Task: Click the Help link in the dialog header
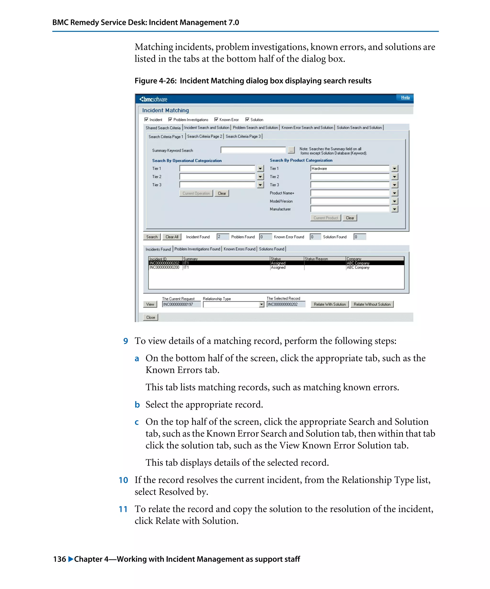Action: (x=405, y=98)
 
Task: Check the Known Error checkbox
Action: (x=216, y=120)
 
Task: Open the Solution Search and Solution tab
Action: (x=359, y=128)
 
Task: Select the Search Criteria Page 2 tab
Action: (x=204, y=137)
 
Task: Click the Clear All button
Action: (x=172, y=237)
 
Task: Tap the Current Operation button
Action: (x=196, y=194)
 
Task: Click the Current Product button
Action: (x=325, y=218)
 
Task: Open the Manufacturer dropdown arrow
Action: (x=394, y=209)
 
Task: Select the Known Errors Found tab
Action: (x=239, y=249)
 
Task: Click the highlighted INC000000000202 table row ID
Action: (x=164, y=263)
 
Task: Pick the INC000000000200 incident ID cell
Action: (x=164, y=268)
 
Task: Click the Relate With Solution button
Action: (x=329, y=304)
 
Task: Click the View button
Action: (x=150, y=304)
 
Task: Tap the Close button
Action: (x=150, y=318)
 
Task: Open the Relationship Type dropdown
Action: (x=261, y=305)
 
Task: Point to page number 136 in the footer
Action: (x=59, y=559)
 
